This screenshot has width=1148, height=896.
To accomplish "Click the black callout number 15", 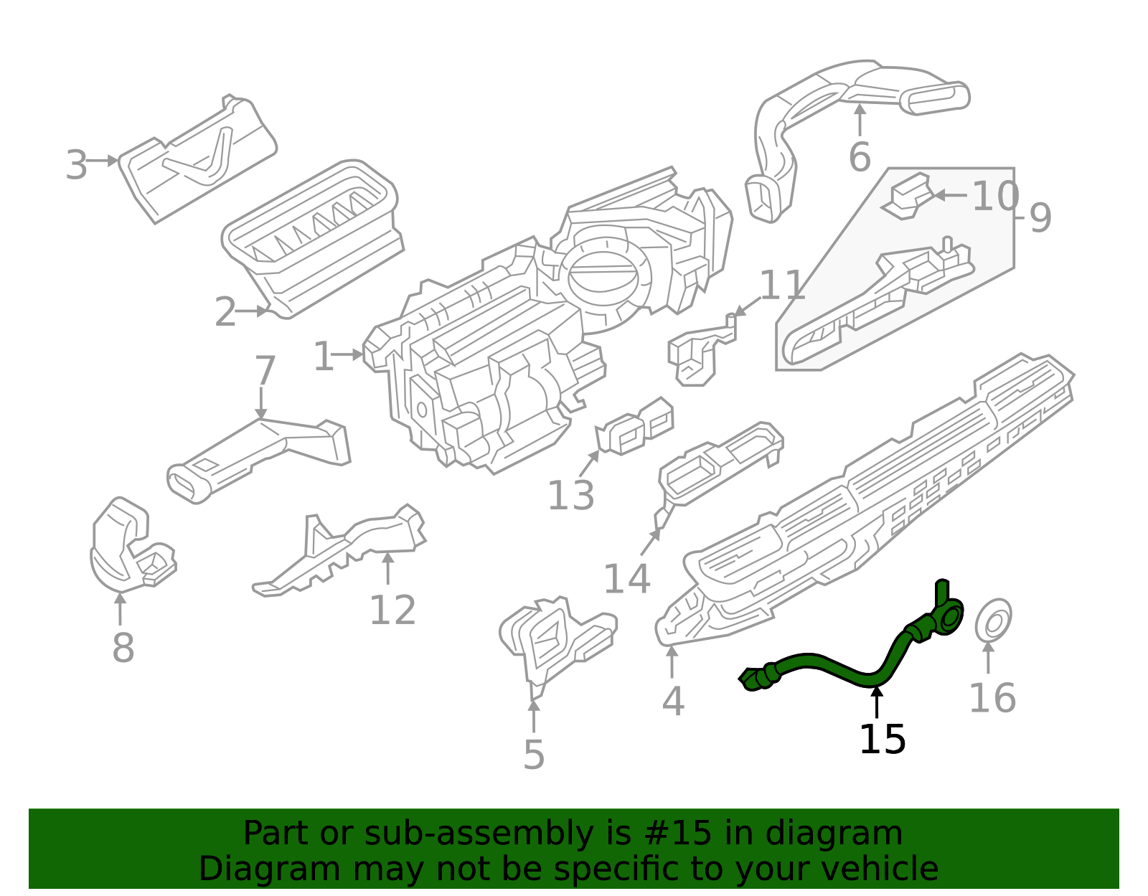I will pyautogui.click(x=882, y=740).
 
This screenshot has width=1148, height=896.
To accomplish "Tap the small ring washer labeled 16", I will pyautogui.click(x=993, y=621).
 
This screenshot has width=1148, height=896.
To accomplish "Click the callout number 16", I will pyautogui.click(x=992, y=698).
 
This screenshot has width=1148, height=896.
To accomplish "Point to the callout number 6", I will pyautogui.click(x=859, y=157).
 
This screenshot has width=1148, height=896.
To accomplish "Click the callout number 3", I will pyautogui.click(x=76, y=166).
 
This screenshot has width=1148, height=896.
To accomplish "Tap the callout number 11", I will pyautogui.click(x=781, y=286).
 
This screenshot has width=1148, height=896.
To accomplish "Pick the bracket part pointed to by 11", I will pyautogui.click(x=696, y=352).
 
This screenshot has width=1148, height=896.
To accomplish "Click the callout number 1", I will pyautogui.click(x=324, y=357).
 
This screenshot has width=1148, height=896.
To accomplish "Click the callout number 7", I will pyautogui.click(x=265, y=371).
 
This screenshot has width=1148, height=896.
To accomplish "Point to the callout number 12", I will pyautogui.click(x=392, y=610).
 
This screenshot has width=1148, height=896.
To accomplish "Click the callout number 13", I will pyautogui.click(x=570, y=495).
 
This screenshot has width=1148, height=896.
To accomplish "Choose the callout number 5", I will pyautogui.click(x=534, y=755).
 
